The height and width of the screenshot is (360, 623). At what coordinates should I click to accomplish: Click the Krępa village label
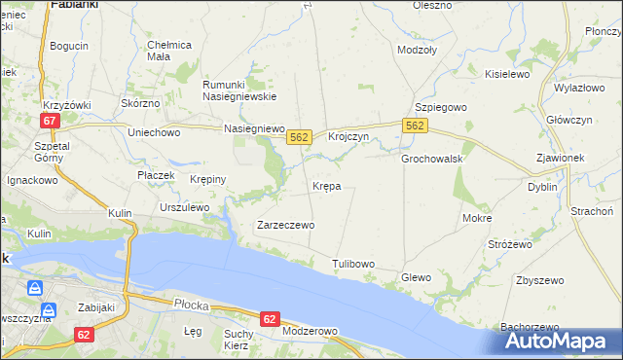click(326, 185)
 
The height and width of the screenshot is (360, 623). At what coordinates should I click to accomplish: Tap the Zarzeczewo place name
click(285, 225)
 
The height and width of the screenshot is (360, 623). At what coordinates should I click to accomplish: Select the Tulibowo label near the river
click(353, 264)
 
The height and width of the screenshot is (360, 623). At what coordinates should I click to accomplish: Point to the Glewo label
click(416, 277)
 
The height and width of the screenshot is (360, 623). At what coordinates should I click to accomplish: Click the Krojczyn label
click(348, 137)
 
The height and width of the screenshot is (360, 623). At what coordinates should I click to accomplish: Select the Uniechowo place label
click(156, 131)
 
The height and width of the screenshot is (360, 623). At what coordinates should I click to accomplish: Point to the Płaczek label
click(155, 175)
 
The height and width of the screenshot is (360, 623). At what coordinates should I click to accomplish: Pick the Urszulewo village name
click(184, 207)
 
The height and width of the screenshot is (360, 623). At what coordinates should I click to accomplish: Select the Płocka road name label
click(189, 304)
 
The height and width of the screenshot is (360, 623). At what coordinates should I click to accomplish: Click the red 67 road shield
click(52, 121)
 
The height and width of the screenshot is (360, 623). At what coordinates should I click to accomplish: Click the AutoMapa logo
click(559, 341)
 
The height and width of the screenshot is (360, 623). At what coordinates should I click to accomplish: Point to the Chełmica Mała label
click(169, 51)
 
